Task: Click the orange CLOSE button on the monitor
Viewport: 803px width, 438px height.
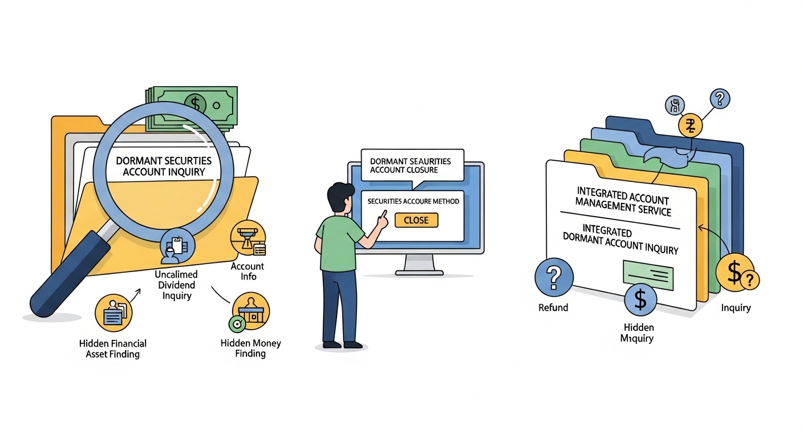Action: (416, 220)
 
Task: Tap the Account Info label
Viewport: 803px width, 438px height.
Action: (247, 271)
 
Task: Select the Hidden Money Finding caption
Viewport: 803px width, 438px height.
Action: (250, 348)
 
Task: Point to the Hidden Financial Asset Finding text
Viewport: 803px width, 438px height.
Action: (113, 348)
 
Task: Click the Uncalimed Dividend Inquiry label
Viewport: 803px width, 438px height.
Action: (176, 285)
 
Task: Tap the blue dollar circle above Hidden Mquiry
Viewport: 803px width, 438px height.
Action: (640, 299)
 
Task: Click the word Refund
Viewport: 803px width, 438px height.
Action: (553, 307)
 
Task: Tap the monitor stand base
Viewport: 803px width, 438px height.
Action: (419, 273)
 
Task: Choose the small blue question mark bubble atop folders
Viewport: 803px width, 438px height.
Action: (720, 99)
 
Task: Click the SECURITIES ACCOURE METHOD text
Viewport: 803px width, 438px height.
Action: (413, 201)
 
